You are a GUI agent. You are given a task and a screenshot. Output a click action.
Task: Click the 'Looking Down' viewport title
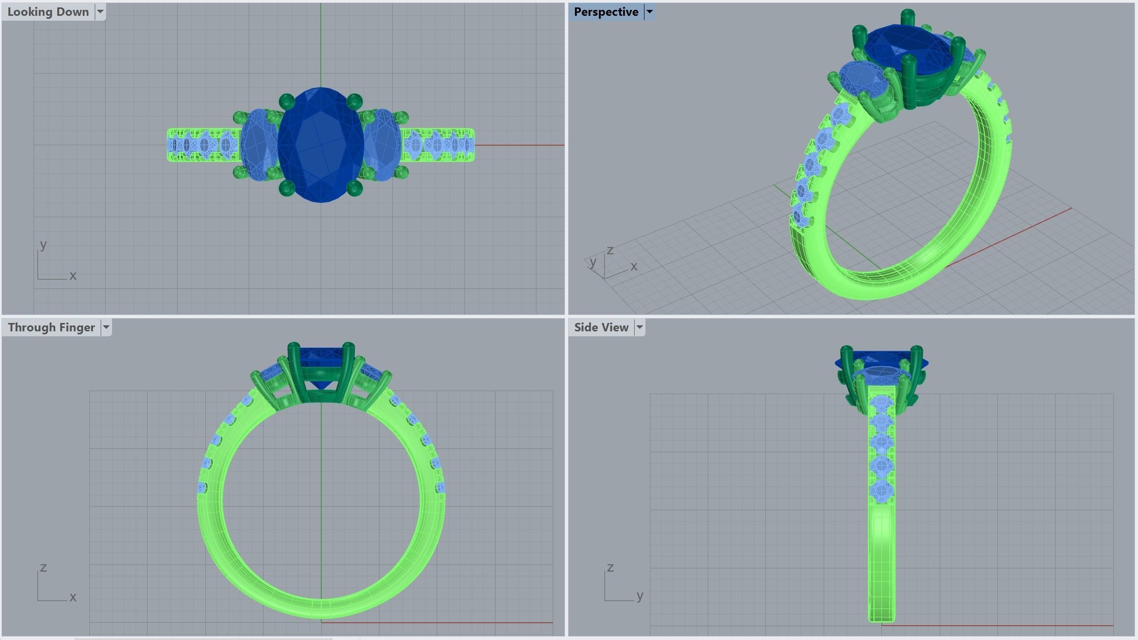tap(48, 12)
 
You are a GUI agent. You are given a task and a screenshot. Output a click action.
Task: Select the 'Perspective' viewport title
tap(606, 12)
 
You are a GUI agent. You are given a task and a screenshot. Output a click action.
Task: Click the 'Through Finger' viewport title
tap(51, 327)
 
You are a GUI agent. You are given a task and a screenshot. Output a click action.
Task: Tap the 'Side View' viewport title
tap(601, 327)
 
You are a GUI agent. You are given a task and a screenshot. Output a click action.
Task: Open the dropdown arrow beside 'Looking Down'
tap(100, 12)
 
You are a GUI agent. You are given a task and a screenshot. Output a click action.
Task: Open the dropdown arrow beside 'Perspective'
tap(649, 12)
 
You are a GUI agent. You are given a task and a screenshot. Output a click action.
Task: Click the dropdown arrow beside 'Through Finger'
tap(106, 327)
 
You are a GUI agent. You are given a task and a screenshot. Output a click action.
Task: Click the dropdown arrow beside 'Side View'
tap(640, 327)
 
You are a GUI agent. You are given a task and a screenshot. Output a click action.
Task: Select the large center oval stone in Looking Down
tap(321, 145)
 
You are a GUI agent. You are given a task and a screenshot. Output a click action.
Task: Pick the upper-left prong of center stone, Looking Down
tap(286, 102)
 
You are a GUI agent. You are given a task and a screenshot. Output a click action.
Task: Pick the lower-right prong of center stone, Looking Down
tap(354, 188)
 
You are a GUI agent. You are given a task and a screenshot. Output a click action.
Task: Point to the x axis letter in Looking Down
tap(73, 276)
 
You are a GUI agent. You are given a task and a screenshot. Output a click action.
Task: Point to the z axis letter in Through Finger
tap(43, 567)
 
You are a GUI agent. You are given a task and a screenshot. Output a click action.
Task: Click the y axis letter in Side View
tap(640, 596)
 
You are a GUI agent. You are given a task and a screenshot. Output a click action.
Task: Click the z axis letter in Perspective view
tap(610, 250)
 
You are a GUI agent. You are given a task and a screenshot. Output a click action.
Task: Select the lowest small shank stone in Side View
tap(881, 492)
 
